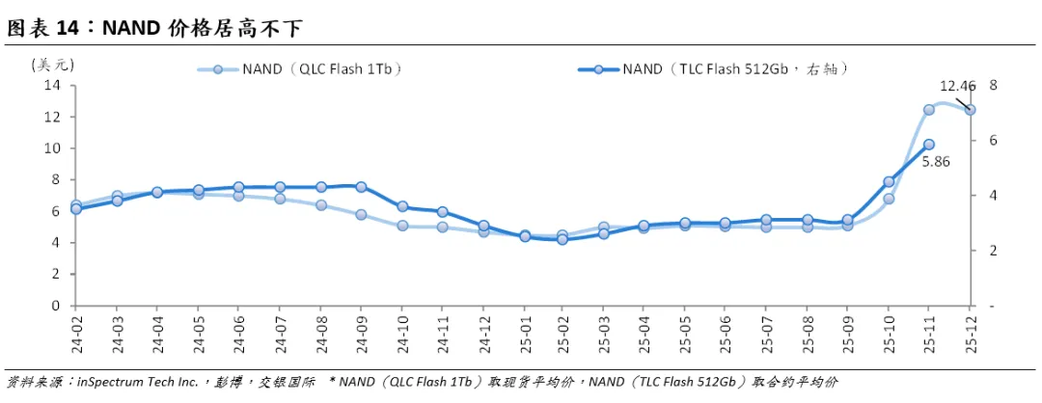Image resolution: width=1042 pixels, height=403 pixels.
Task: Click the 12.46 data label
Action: [958, 86]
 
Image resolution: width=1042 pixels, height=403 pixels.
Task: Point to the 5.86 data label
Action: [935, 160]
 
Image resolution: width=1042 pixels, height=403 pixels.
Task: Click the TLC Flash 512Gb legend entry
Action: [715, 69]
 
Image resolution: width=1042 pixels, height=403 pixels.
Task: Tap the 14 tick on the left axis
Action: [50, 86]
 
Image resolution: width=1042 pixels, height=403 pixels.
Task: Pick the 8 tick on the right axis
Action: [994, 85]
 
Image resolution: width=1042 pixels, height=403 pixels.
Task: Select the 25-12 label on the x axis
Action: [970, 331]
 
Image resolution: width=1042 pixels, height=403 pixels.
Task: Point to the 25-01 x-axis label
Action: [525, 331]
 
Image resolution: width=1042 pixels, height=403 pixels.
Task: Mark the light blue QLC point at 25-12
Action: [970, 110]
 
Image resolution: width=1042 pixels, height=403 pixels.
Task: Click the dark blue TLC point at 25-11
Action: [929, 144]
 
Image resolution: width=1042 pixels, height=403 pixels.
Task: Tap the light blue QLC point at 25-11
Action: [929, 110]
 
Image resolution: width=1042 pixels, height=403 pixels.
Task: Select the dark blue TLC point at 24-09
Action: [361, 187]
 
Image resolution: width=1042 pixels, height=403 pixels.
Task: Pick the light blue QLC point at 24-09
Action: [361, 214]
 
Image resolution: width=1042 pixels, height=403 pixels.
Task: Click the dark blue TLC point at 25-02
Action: [562, 239]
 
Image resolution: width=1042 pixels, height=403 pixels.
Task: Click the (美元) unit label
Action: [52, 65]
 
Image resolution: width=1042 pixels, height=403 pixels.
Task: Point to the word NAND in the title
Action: [127, 28]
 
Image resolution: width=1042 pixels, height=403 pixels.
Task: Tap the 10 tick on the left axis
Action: [50, 148]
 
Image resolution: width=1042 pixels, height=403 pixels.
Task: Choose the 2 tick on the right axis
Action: [994, 251]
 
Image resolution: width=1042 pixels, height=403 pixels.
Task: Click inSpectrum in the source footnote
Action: [109, 383]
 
